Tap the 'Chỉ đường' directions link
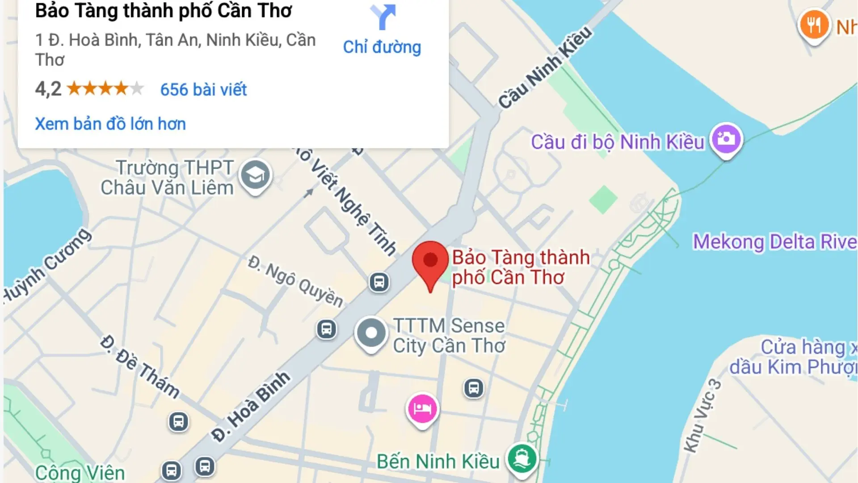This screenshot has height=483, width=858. click(382, 47)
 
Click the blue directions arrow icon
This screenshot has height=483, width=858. click(383, 17)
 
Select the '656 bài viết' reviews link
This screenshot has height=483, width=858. click(203, 89)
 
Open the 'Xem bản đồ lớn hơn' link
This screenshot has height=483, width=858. click(110, 124)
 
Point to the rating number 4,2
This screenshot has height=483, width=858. click(48, 89)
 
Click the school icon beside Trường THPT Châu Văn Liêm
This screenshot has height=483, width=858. click(255, 175)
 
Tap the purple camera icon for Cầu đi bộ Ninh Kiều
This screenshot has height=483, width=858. click(726, 139)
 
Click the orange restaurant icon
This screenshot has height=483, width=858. click(813, 25)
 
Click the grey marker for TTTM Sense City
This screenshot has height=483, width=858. click(371, 333)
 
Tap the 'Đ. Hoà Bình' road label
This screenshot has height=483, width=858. click(251, 407)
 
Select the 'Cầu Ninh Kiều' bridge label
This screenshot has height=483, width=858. click(545, 68)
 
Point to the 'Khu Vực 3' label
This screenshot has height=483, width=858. click(702, 415)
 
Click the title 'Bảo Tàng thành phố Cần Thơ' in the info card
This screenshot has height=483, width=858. click(164, 11)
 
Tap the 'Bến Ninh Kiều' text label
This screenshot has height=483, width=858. click(438, 462)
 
